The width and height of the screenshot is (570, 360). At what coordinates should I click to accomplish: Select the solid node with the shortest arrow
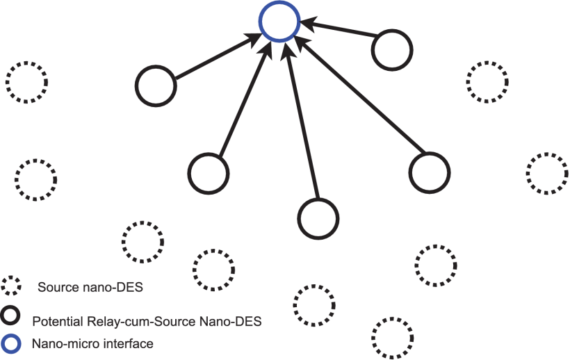click(x=393, y=49)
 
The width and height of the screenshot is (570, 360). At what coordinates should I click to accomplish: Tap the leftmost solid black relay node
click(x=156, y=86)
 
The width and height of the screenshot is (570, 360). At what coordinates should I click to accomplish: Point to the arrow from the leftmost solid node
click(x=216, y=58)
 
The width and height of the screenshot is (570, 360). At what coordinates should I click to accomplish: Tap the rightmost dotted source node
click(x=546, y=173)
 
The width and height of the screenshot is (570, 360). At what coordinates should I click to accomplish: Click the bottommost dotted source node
click(x=393, y=339)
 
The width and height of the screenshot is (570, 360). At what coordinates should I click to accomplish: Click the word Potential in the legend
click(x=54, y=321)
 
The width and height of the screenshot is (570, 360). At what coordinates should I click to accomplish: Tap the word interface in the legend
click(x=130, y=343)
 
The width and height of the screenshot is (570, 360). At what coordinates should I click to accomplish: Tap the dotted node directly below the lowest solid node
click(x=316, y=304)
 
